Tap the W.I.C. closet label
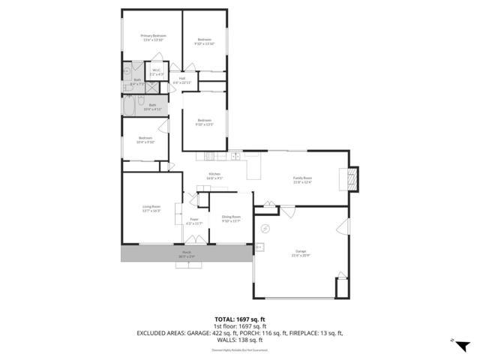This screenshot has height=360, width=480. [x=157, y=73]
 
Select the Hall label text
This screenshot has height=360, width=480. [x=182, y=79]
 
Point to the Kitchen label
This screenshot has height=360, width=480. [x=214, y=175]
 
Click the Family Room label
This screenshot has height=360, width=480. [x=302, y=179]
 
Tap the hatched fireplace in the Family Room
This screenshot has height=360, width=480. [x=350, y=179]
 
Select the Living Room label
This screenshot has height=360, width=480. [x=151, y=209]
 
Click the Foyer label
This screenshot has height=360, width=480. [x=194, y=221]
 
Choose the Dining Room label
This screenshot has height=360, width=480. [x=231, y=219]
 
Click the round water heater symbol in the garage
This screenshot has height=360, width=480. [x=265, y=229]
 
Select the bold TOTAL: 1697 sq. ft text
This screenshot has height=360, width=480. [x=239, y=319]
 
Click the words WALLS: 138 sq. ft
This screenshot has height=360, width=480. [x=239, y=339]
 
